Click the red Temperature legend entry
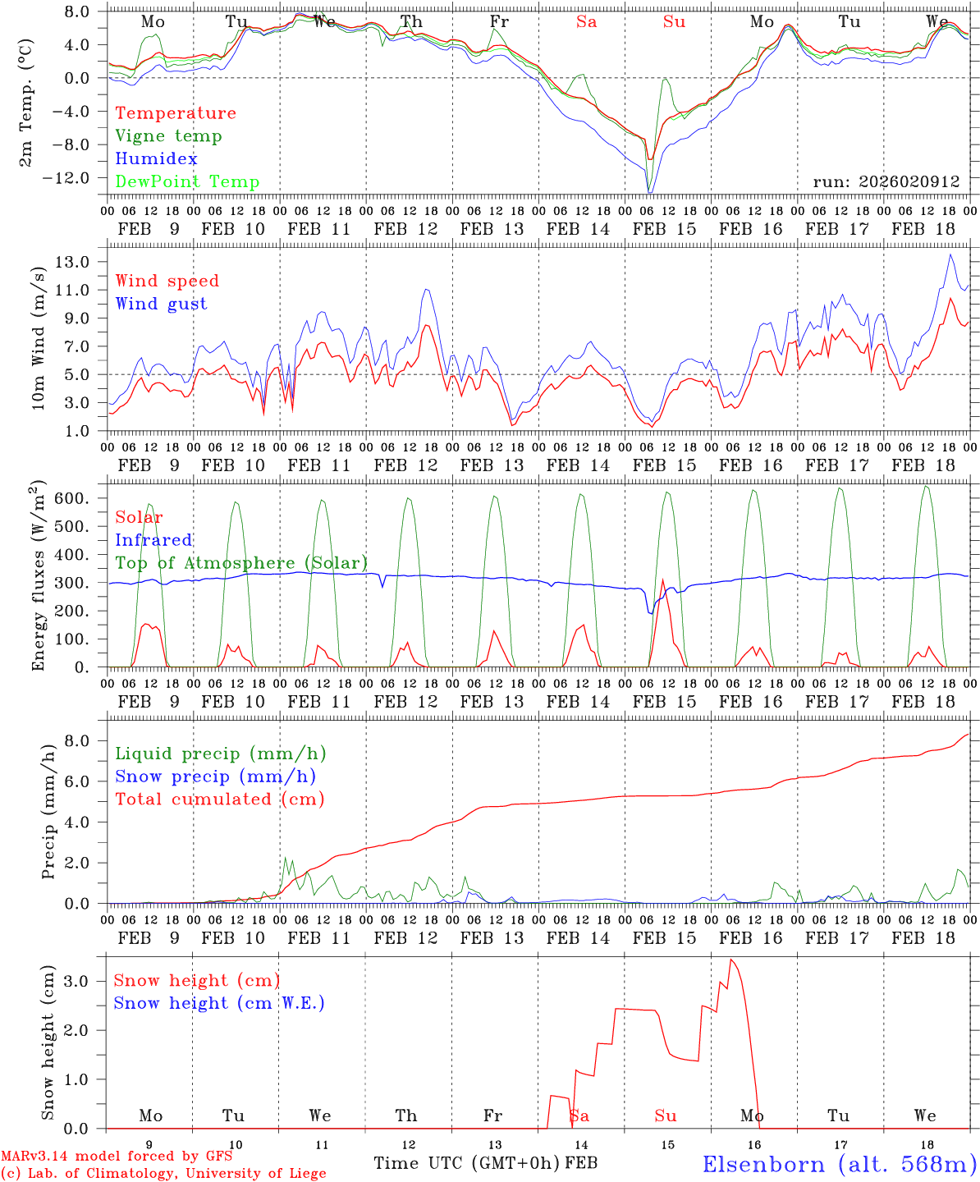tap(176, 113)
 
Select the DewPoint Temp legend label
tap(187, 182)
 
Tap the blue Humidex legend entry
tap(156, 159)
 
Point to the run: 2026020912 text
tap(886, 182)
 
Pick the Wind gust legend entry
tap(161, 304)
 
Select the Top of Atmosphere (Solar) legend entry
tap(240, 563)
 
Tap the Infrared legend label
tap(153, 540)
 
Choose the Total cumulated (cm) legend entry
tap(219, 799)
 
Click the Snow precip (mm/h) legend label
tap(215, 777)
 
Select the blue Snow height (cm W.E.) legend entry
tap(218, 1003)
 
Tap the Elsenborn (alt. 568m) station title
tap(839, 1164)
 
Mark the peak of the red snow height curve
tap(731, 960)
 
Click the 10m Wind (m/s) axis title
tap(39, 349)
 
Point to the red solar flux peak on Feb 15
tap(662, 580)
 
